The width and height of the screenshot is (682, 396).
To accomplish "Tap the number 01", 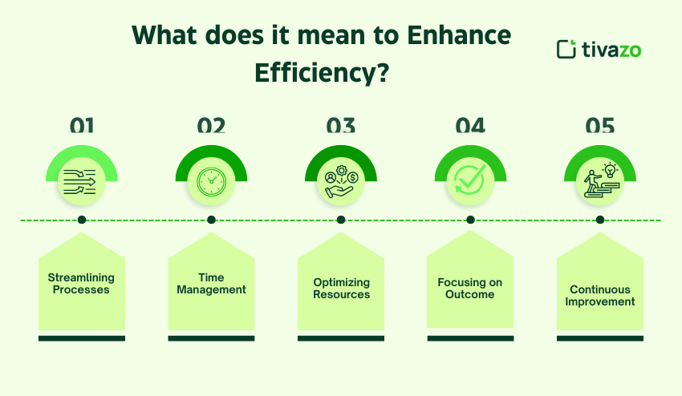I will point(82,126).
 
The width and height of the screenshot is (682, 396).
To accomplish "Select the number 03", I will point(340,126).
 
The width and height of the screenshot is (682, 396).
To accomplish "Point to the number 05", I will point(599,126).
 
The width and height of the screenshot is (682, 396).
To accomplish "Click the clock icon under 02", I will point(211,181).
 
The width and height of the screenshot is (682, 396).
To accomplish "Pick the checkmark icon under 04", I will point(470,181).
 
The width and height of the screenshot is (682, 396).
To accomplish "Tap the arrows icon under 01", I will point(82,181).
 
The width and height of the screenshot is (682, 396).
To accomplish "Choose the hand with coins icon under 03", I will point(340,181).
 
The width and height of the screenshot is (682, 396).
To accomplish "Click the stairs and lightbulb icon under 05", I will point(599,181).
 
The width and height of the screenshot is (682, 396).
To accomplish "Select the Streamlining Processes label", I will point(82,284).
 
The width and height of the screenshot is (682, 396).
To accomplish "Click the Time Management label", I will point(211,284).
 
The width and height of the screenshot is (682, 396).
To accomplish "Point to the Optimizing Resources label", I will point(341,289).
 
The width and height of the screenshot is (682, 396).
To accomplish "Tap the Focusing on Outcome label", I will point(470,289).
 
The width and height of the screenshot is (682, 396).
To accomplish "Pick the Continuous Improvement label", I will point(599,296).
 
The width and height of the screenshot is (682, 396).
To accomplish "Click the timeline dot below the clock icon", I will point(211,220).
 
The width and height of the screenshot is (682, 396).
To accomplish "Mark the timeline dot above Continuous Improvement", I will point(599,220).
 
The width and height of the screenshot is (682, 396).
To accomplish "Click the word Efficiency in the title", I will point(322,73).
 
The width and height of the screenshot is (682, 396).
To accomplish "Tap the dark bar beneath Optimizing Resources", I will point(341,338).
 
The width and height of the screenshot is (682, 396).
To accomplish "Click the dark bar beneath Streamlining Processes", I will point(82,338).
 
